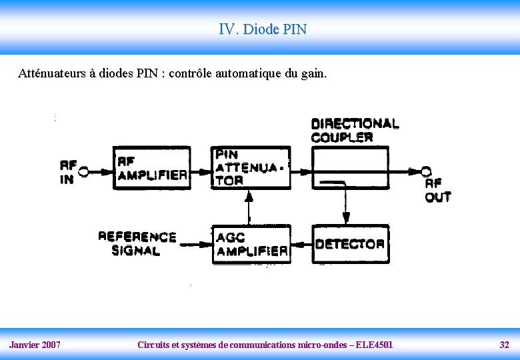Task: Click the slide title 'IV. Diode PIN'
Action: (x=263, y=29)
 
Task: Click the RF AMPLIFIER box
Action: (x=152, y=167)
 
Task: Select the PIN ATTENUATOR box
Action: (x=251, y=167)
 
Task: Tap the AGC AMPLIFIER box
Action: (x=251, y=244)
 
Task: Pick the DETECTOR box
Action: (x=350, y=244)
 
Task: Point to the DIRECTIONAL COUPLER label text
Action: (x=355, y=130)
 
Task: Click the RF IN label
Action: (x=67, y=172)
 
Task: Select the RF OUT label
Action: (x=437, y=190)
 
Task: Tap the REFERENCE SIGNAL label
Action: (x=137, y=244)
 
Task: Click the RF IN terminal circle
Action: (x=84, y=172)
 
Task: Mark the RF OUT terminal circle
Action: (x=426, y=171)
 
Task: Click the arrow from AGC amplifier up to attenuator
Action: (x=249, y=207)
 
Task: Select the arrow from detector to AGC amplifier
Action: (x=301, y=245)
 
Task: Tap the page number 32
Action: (x=504, y=345)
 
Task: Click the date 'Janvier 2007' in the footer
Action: (x=35, y=345)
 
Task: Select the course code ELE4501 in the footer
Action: (x=375, y=345)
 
